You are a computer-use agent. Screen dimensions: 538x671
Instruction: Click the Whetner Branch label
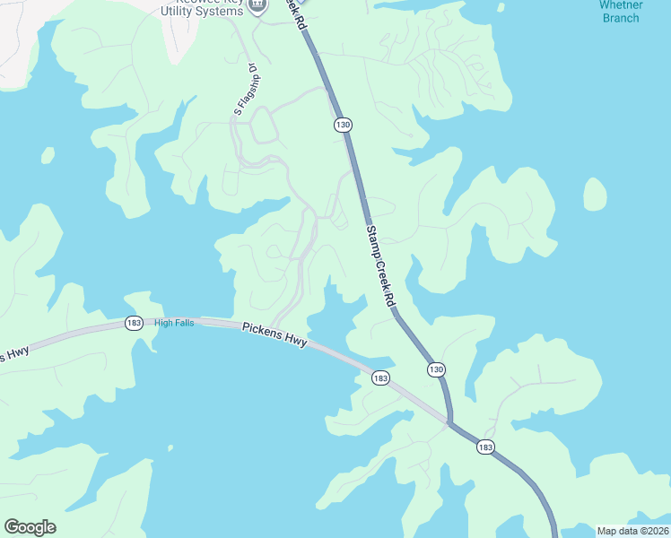point(621,11)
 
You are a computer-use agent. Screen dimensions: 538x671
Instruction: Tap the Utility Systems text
point(202,10)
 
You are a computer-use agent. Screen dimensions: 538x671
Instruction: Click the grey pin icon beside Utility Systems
point(257,5)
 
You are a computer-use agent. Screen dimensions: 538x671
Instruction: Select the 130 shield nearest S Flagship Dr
point(343,125)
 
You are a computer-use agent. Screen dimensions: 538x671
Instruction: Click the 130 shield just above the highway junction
point(436,369)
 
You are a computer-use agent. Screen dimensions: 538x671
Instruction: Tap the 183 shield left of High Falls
point(134,323)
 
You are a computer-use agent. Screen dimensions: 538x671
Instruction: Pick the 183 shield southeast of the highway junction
point(485,447)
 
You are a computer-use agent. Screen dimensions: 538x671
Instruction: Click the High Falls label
point(174,323)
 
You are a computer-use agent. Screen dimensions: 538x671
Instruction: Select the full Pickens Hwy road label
point(274,335)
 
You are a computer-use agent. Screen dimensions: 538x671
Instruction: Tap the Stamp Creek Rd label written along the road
point(380,266)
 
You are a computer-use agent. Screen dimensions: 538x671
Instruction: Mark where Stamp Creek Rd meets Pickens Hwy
point(449,421)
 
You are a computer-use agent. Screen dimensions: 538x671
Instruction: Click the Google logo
point(30,527)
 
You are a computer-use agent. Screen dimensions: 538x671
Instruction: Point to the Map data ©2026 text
point(632,531)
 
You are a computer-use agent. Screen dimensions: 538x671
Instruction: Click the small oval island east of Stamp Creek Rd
point(595,194)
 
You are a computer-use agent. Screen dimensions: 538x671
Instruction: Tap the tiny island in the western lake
point(48,154)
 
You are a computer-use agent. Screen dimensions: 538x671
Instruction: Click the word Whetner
point(621,4)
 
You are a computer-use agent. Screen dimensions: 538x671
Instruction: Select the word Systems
point(223,10)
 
